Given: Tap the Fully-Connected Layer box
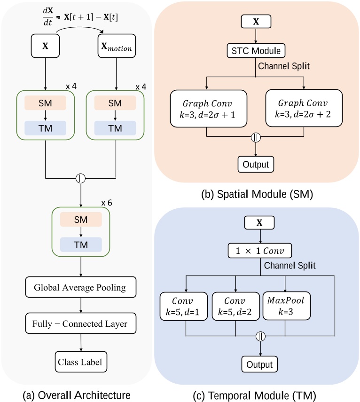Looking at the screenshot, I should pyautogui.click(x=82, y=324).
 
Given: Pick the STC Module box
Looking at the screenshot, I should pyautogui.click(x=256, y=50).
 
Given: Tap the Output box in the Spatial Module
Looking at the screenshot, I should pyautogui.click(x=256, y=164).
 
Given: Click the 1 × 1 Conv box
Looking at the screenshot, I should pyautogui.click(x=260, y=251).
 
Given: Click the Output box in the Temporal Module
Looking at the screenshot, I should pyautogui.click(x=260, y=364).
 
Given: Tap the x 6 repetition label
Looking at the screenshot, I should pyautogui.click(x=107, y=203).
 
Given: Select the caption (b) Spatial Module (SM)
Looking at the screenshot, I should pyautogui.click(x=256, y=193).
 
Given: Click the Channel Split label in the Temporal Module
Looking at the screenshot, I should pyautogui.click(x=290, y=266).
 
